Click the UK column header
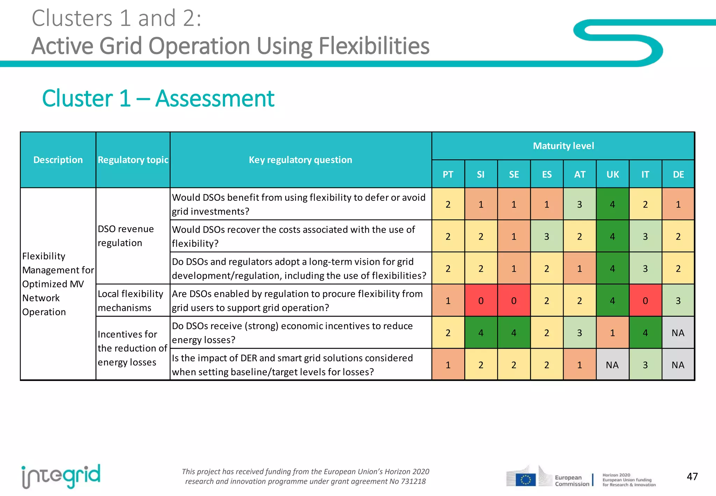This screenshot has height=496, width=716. point(613,174)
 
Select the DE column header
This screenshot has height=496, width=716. point(678,174)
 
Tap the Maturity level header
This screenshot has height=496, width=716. point(563,146)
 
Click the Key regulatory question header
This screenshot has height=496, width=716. point(301,160)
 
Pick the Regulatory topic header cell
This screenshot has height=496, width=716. point(133,160)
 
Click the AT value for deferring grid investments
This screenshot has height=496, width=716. point(580,204)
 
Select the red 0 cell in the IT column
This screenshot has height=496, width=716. point(645,301)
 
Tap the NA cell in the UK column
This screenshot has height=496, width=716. point(613,365)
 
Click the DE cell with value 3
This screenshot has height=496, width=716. point(678,301)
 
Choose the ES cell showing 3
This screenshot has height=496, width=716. point(547,236)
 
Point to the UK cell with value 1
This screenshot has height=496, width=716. point(613,333)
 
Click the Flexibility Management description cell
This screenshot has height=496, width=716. point(58,284)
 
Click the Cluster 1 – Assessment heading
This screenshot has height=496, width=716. point(158,98)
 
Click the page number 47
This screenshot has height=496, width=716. point(692,476)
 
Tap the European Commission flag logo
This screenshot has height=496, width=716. point(525,479)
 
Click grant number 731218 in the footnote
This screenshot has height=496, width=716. point(413,481)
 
